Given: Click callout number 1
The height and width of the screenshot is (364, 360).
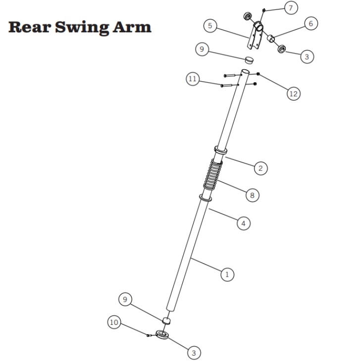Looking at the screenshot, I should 227,274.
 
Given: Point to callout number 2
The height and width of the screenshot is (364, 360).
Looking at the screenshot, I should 261,168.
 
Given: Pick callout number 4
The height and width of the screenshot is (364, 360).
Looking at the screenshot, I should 243,223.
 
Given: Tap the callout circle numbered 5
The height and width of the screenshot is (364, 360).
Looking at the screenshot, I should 211,26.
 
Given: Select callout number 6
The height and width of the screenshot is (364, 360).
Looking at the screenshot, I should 311,23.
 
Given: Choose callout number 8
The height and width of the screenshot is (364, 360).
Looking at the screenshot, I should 252,195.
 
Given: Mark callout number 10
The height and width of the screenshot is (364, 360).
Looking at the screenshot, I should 114,322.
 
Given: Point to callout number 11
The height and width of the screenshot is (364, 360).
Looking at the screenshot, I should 193,79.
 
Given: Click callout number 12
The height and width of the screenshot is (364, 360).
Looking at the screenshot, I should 294,93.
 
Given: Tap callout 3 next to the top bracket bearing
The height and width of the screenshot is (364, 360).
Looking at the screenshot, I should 307,56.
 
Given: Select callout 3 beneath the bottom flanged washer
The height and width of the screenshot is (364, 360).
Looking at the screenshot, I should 194,353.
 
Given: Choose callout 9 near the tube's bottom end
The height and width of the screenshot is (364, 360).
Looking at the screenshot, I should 126,299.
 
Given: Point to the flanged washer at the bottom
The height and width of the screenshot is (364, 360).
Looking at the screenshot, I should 162,335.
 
